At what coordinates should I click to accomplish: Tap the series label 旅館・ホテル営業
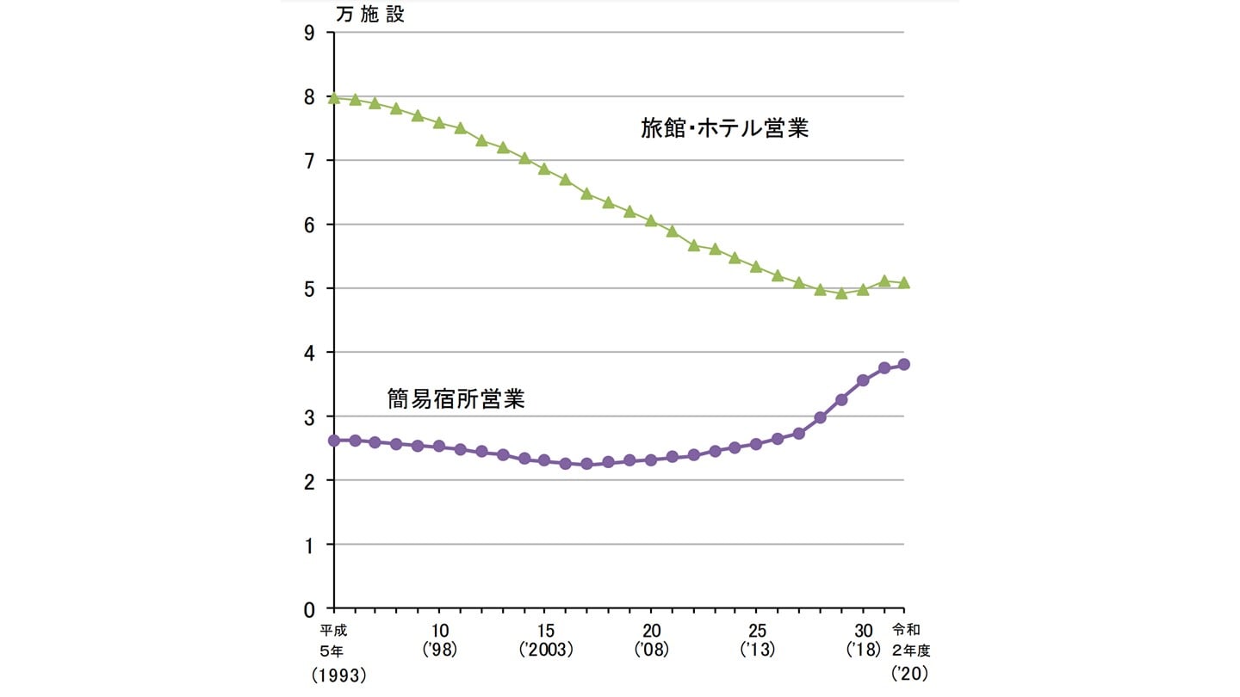point(724,129)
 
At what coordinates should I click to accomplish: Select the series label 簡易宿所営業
point(456,399)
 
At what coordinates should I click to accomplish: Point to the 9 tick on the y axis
point(308,33)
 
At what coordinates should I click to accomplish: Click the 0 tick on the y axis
point(308,608)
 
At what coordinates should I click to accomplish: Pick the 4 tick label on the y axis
point(308,353)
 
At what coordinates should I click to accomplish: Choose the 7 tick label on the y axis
point(308,161)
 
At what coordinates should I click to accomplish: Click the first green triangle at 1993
point(334,97)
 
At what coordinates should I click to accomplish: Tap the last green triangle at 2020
point(904,282)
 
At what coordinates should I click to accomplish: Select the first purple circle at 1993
point(334,441)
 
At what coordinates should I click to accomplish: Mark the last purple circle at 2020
point(904,364)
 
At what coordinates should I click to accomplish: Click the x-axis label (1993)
point(339,676)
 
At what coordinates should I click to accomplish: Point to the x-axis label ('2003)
point(545,650)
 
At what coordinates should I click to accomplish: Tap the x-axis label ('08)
point(651,650)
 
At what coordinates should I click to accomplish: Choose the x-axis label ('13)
point(758,650)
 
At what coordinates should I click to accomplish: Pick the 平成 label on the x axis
point(333,629)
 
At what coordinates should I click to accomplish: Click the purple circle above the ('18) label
point(863,380)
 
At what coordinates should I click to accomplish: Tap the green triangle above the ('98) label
point(439,123)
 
